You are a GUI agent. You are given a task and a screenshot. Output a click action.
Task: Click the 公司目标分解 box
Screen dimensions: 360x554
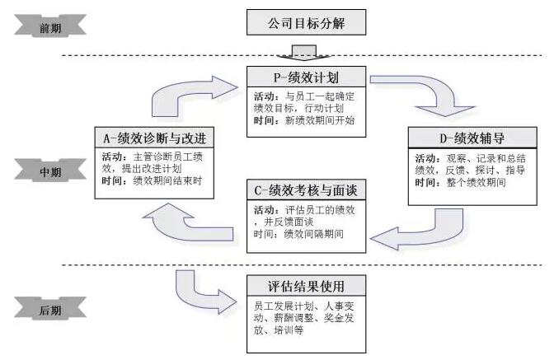point(306,22)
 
